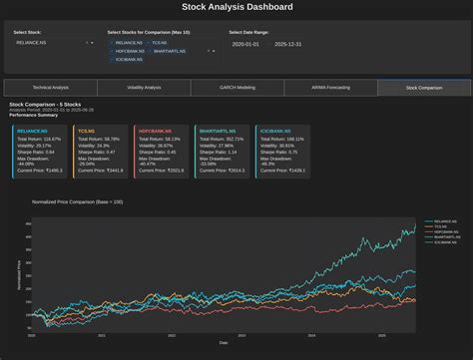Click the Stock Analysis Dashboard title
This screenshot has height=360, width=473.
(x=236, y=7)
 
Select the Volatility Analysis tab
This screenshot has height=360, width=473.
(x=144, y=88)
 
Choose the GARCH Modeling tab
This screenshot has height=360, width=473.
(x=236, y=88)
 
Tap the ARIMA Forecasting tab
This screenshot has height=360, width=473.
(x=330, y=88)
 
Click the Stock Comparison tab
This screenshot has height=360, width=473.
(x=423, y=88)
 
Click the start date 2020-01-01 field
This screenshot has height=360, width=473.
(x=245, y=44)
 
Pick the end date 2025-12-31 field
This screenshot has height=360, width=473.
(x=287, y=44)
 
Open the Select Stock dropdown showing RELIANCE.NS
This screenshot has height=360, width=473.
(x=53, y=43)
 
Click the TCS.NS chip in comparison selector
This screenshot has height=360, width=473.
(x=159, y=43)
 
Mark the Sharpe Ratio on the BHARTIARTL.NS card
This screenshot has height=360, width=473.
(x=219, y=152)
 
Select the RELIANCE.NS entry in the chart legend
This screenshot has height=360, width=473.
(x=444, y=220)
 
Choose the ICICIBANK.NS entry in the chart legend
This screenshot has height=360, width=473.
(x=444, y=242)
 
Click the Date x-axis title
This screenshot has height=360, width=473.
(x=223, y=342)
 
